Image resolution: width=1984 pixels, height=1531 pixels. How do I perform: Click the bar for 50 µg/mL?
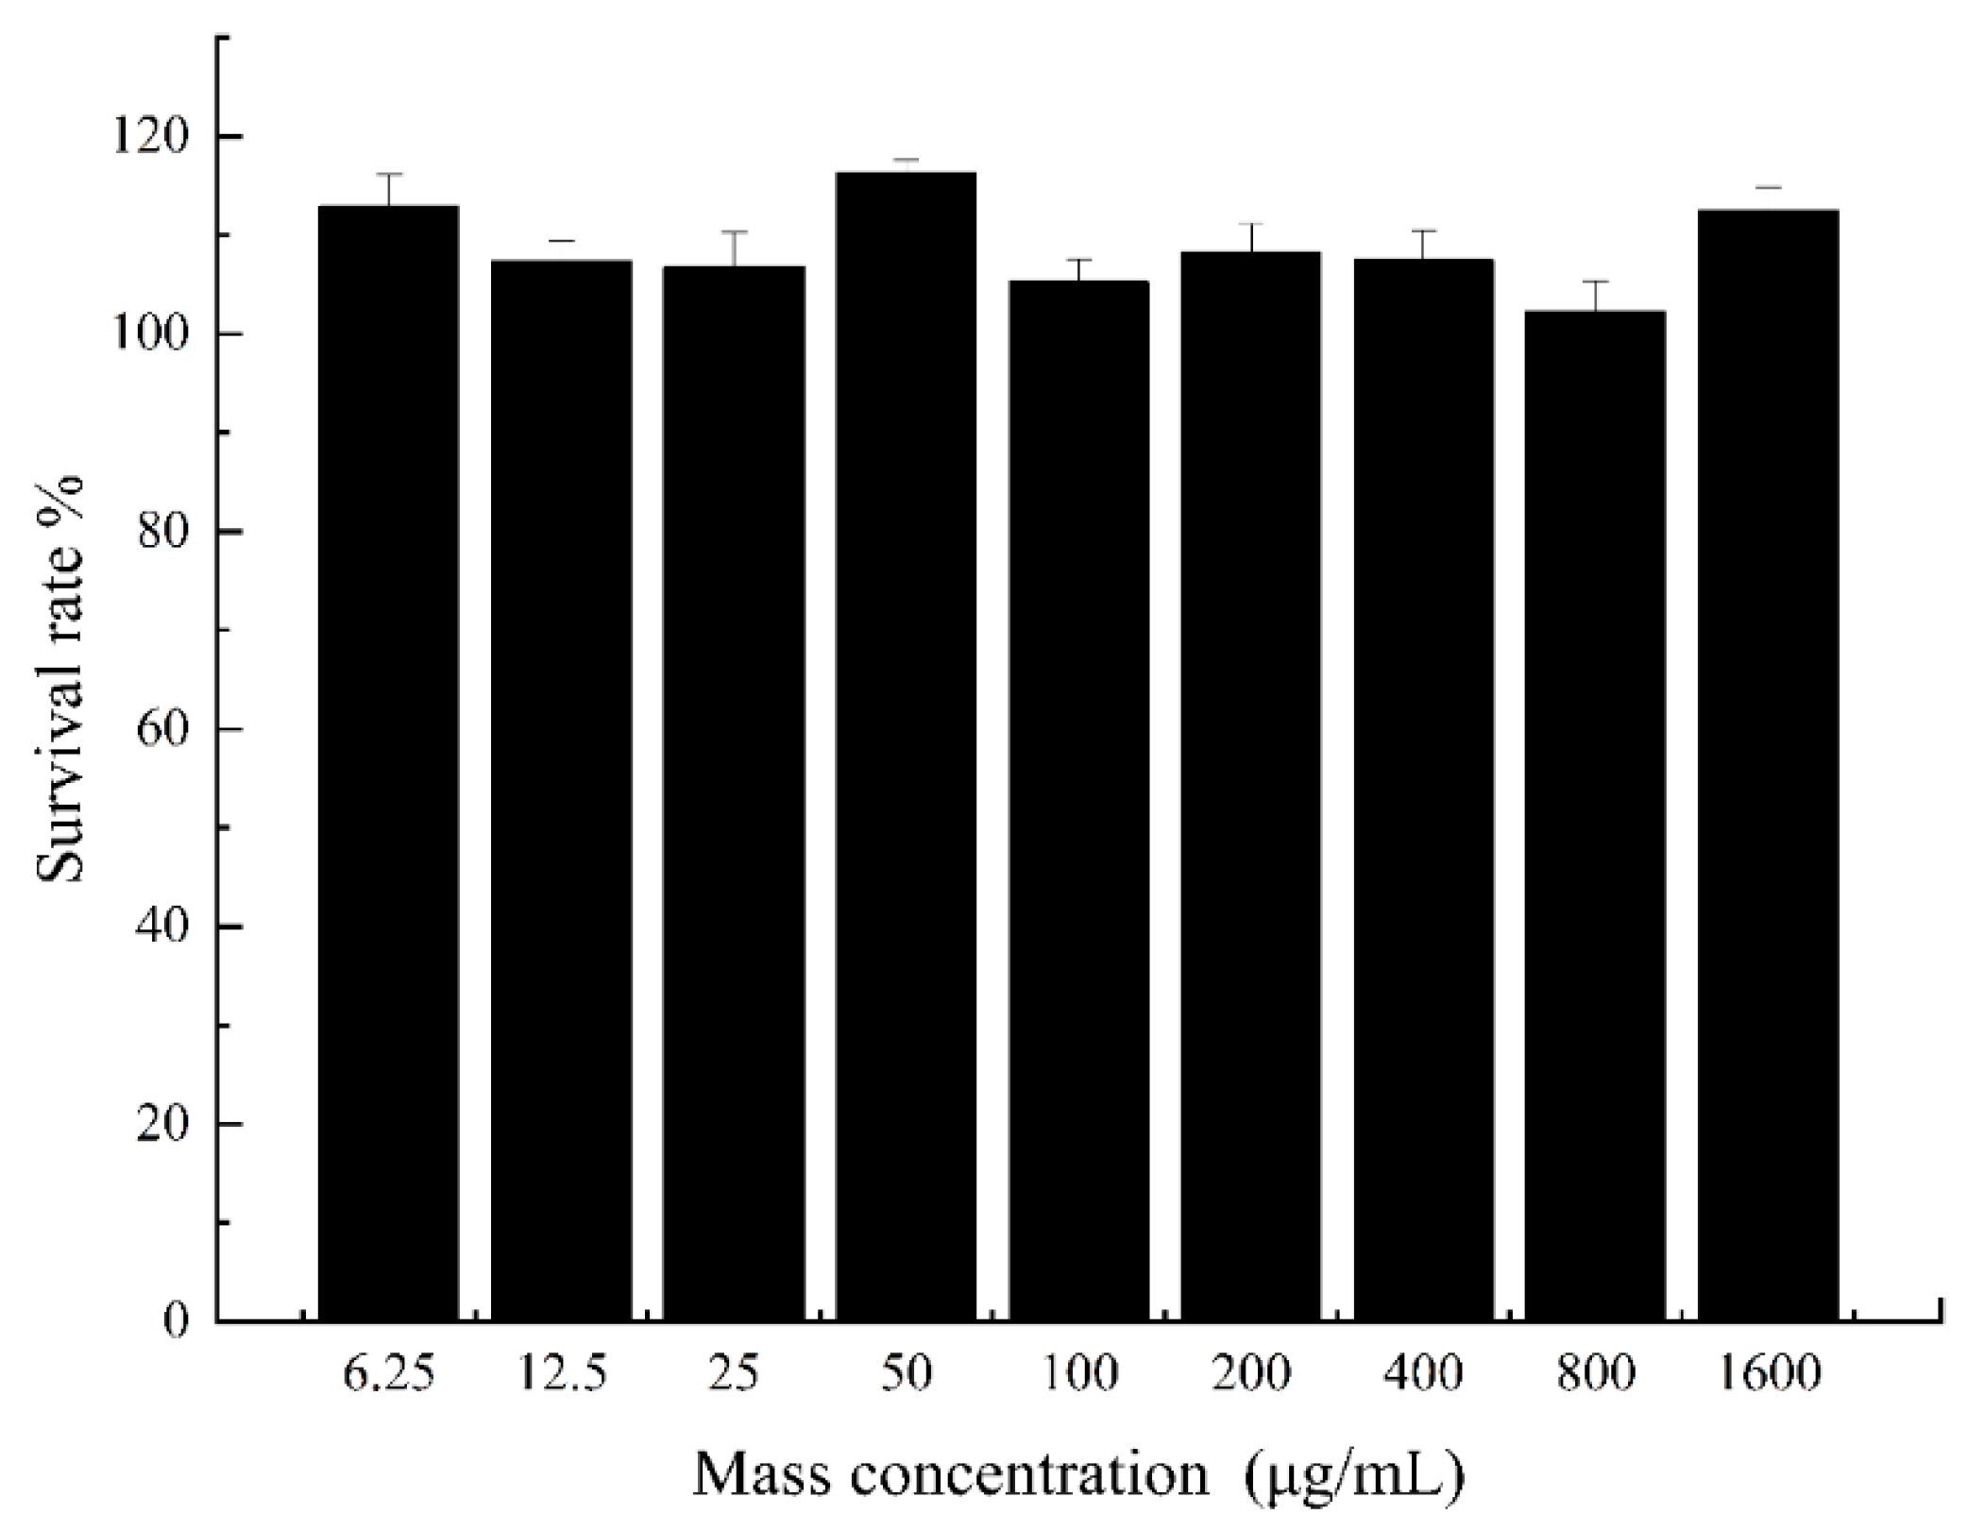click(906, 745)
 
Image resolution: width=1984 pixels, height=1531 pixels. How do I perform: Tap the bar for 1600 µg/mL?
click(1768, 764)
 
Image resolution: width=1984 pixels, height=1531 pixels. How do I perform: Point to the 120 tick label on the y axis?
click(151, 138)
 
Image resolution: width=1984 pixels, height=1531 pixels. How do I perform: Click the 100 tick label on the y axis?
click(151, 335)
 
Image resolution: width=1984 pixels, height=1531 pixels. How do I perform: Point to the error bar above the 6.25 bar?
click(388, 189)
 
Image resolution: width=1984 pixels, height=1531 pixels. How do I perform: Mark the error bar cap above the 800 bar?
click(1595, 281)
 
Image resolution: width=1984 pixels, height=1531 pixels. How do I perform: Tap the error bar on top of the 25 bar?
click(734, 247)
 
